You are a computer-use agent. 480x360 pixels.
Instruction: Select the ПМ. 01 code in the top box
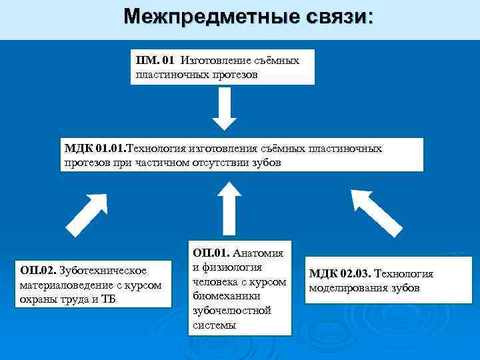(155, 61)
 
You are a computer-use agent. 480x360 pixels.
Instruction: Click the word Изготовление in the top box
(214, 61)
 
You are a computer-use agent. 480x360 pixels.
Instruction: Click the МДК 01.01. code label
(95, 148)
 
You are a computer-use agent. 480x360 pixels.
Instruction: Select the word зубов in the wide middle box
(264, 162)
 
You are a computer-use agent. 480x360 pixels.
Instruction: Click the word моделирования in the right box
(347, 288)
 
